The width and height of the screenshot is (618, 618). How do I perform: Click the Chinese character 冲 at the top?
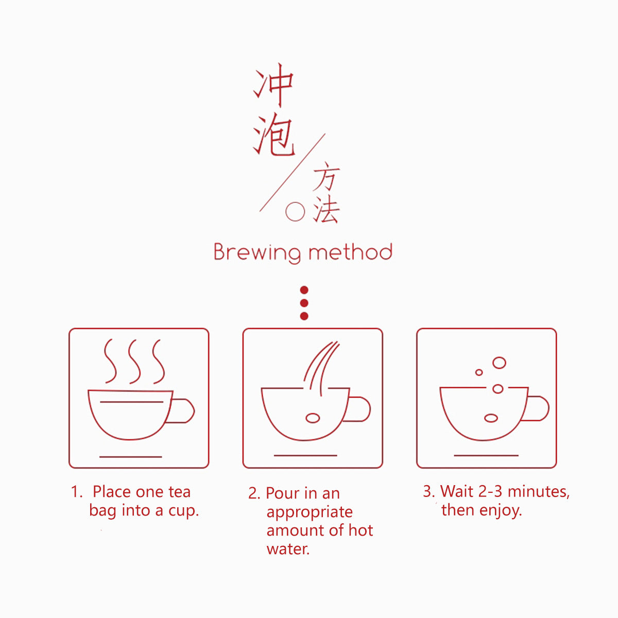(x=274, y=84)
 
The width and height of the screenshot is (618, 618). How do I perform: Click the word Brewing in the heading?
(x=257, y=253)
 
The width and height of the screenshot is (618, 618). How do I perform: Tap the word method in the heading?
(x=350, y=252)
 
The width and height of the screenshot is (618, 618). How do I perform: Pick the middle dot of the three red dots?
(x=304, y=303)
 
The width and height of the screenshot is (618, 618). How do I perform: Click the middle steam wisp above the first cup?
(x=134, y=362)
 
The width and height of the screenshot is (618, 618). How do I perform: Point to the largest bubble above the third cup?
(x=500, y=363)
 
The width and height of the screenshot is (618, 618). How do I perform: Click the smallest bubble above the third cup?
(x=479, y=372)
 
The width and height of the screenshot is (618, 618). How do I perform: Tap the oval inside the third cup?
(x=491, y=418)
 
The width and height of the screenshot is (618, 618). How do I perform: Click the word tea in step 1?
(x=180, y=492)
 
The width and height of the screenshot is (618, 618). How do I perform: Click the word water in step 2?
(x=288, y=549)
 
